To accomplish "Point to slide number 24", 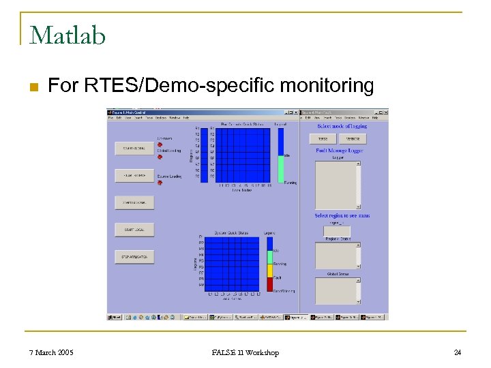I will point(458,352).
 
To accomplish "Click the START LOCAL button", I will point(134,230).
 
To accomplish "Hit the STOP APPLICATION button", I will point(134,257).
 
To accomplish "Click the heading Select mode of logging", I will point(342,126).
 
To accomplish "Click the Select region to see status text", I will point(342,215).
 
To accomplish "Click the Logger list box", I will point(338,184).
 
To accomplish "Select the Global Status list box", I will point(338,290).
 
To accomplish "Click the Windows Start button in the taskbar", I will point(114,317).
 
